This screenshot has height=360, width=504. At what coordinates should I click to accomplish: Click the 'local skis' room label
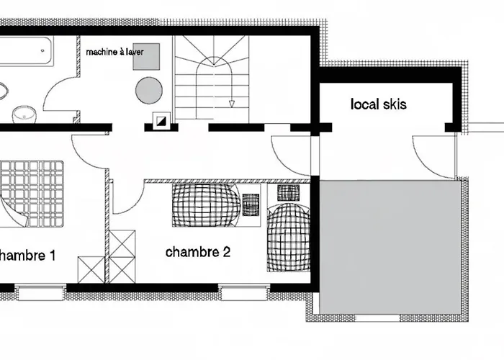pyautogui.click(x=378, y=104)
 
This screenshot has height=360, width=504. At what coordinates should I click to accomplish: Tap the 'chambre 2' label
pyautogui.click(x=198, y=252)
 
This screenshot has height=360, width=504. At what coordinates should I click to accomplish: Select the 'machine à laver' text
pyautogui.click(x=114, y=52)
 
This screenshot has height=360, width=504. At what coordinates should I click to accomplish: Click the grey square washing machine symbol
pyautogui.click(x=147, y=57)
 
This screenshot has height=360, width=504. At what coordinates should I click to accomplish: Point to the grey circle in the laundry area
pyautogui.click(x=149, y=90)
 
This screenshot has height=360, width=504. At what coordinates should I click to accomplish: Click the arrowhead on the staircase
pyautogui.click(x=231, y=104)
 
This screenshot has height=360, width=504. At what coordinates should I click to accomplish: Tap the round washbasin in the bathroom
pyautogui.click(x=24, y=114)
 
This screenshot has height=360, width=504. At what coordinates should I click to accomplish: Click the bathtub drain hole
pyautogui.click(x=42, y=50)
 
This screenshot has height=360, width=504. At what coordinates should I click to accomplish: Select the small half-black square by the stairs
pyautogui.click(x=161, y=121)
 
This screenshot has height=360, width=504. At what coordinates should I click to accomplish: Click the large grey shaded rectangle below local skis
pyautogui.click(x=390, y=247)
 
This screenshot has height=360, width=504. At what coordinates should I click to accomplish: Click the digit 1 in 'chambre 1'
pyautogui.click(x=52, y=256)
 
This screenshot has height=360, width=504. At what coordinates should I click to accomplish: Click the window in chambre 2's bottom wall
pyautogui.click(x=244, y=291)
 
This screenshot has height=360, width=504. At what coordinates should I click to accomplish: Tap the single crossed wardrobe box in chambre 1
pyautogui.click(x=91, y=270)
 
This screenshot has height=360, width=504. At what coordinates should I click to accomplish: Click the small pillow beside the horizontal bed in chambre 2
pyautogui.click(x=251, y=204)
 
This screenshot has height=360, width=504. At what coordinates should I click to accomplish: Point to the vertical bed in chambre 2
pyautogui.click(x=289, y=228)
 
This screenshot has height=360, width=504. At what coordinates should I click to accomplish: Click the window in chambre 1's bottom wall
pyautogui.click(x=40, y=292)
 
